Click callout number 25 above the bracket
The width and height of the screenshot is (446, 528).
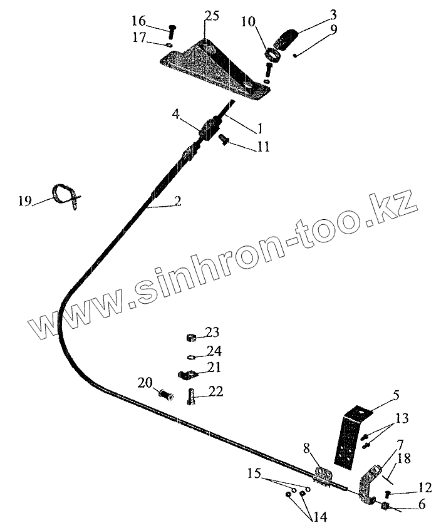[x=211, y=16]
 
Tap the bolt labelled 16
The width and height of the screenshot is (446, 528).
[x=172, y=29]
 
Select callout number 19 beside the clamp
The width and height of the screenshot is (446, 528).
[x=25, y=200]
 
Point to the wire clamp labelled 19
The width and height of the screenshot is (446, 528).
[x=65, y=194]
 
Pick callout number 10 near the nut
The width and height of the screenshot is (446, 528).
[x=247, y=23]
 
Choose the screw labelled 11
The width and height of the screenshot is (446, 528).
[x=224, y=140]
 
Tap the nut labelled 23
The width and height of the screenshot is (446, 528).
[x=192, y=338]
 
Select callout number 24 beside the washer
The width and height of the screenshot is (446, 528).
[x=214, y=351]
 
